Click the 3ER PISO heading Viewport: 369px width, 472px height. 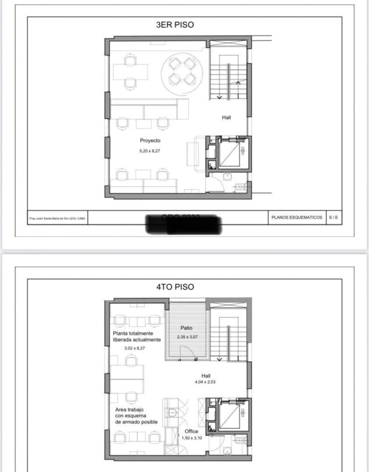click(175, 25)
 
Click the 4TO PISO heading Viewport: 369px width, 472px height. click(175, 287)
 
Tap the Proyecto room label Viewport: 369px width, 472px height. click(150, 141)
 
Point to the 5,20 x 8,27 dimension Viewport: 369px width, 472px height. click(150, 151)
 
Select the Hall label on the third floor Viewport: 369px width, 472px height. click(226, 118)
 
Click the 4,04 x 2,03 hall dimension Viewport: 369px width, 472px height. click(205, 382)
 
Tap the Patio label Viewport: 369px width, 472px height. click(187, 329)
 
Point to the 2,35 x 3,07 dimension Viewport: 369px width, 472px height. click(187, 337)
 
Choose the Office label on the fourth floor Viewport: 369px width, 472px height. click(191, 431)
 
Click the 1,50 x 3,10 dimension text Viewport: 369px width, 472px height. click(192, 438)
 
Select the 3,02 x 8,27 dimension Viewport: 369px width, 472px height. click(134, 348)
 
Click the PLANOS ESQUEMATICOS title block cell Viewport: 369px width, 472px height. click(296, 217)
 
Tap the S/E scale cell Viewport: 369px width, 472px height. click(333, 217)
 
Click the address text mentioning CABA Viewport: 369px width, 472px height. click(57, 218)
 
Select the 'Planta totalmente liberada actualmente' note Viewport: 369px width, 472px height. click(136, 336)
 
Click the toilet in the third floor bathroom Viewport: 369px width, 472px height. click(240, 187)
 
